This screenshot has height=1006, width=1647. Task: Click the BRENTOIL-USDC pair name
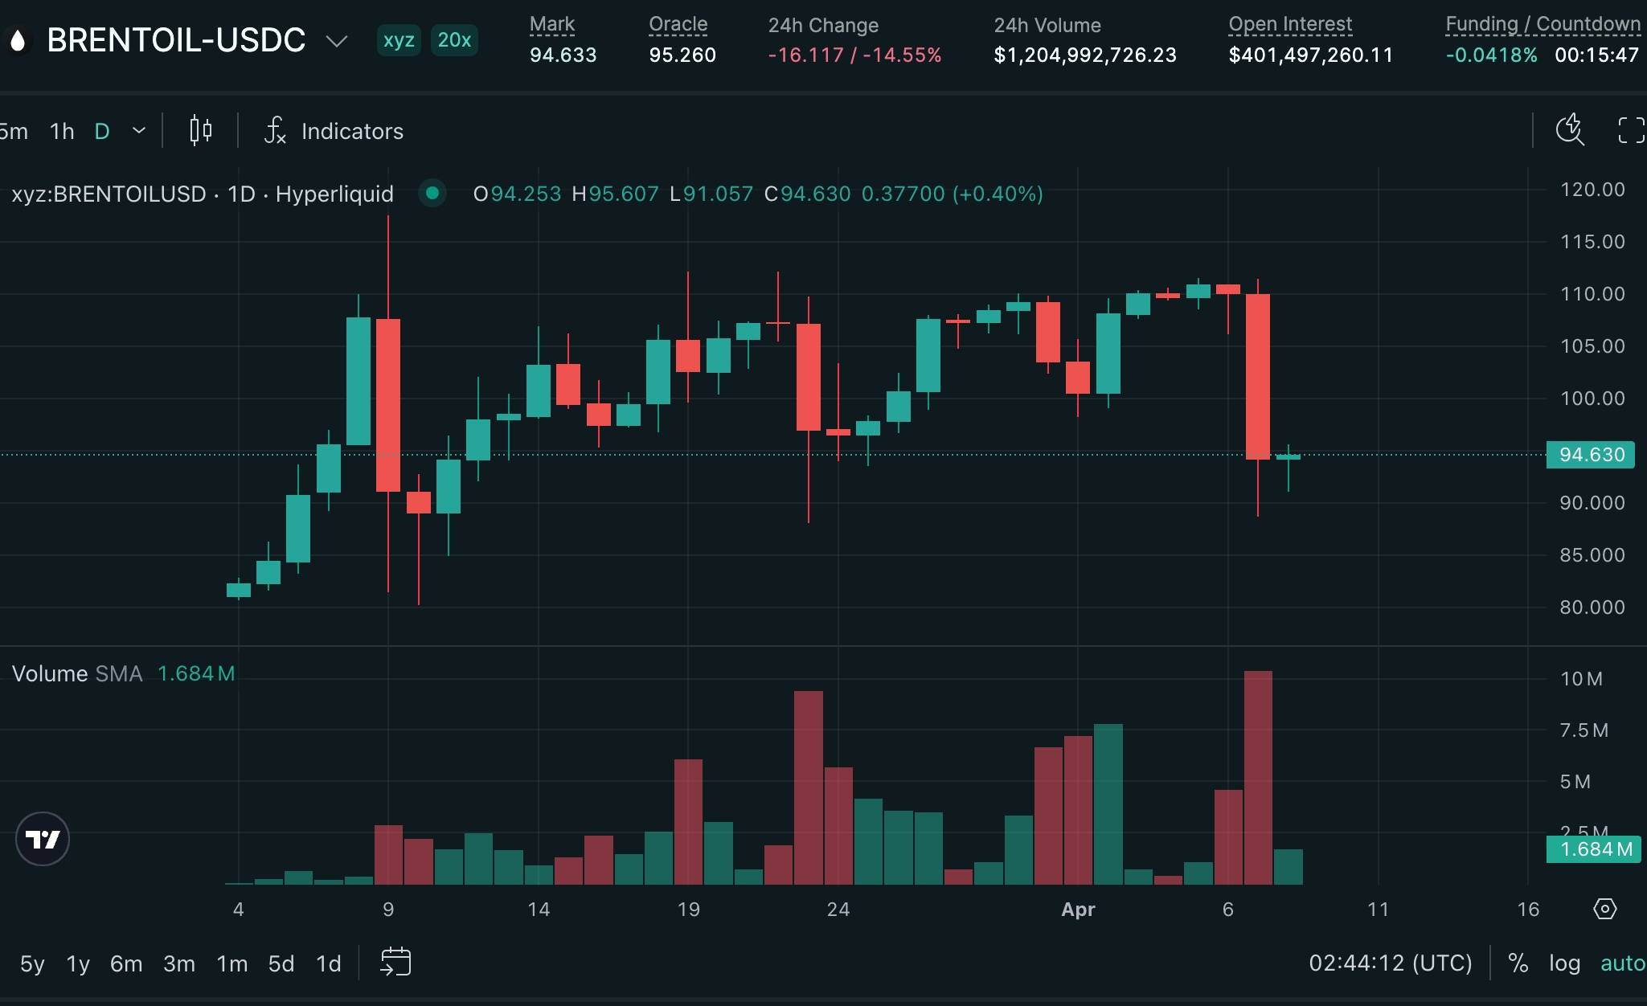point(176,40)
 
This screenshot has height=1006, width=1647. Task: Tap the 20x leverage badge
point(454,40)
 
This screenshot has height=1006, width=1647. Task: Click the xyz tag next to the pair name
point(399,40)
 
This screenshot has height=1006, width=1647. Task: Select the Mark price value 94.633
point(563,55)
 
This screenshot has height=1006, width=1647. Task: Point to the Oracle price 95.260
point(682,55)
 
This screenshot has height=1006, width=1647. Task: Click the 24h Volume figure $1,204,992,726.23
point(1084,55)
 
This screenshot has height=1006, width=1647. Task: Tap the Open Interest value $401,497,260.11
point(1310,55)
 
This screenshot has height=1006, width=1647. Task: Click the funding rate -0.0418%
point(1491,55)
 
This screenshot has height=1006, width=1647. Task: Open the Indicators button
point(334,131)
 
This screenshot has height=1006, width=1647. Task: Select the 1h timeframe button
point(62,131)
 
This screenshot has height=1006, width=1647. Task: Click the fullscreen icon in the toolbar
point(1631,130)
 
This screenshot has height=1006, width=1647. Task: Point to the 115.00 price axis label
point(1592,242)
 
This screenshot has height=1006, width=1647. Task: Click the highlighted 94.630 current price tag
point(1591,455)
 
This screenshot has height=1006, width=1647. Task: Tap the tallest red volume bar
point(1258,777)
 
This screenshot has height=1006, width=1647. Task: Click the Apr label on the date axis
point(1078,910)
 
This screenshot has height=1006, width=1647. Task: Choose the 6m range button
point(126,963)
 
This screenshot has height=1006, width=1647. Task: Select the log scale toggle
point(1564,963)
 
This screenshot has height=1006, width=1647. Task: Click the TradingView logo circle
point(43,840)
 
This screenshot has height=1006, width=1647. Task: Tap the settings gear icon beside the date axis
point(1604,910)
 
